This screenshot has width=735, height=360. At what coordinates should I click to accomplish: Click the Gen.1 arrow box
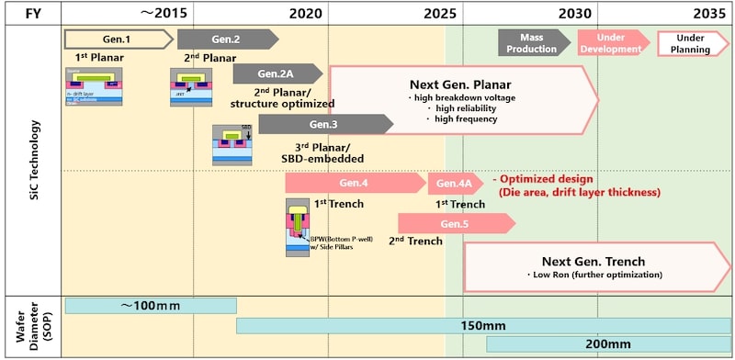click(118, 39)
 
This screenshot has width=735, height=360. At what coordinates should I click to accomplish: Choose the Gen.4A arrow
click(454, 183)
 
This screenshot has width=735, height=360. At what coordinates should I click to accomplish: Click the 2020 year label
click(305, 14)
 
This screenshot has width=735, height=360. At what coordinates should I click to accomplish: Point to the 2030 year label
click(575, 14)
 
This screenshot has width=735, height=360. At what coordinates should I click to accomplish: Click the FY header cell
click(31, 14)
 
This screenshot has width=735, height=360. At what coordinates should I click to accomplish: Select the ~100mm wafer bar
click(150, 306)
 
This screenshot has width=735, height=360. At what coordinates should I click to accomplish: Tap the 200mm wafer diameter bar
click(607, 343)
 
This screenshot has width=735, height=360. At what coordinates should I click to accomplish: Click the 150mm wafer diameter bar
click(483, 325)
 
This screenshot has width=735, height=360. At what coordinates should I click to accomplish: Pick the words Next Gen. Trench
click(594, 260)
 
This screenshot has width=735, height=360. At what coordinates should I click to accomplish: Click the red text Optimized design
click(548, 179)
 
